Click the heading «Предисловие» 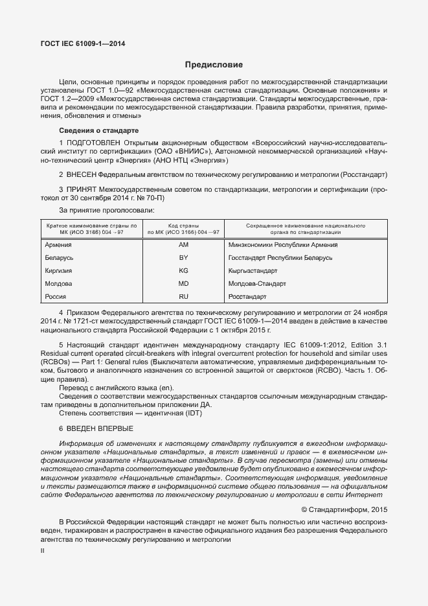[214, 65]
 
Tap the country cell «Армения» [58, 245]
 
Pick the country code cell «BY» [183, 258]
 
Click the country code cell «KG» [183, 271]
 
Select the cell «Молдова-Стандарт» [257, 284]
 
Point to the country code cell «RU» [183, 297]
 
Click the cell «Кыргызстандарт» [253, 271]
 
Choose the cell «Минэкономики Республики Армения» [283, 245]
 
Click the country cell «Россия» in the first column [56, 297]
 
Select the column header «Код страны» [183, 225]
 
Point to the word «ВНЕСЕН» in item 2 [80, 175]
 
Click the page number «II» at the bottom [43, 550]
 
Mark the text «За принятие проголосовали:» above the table [107, 211]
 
